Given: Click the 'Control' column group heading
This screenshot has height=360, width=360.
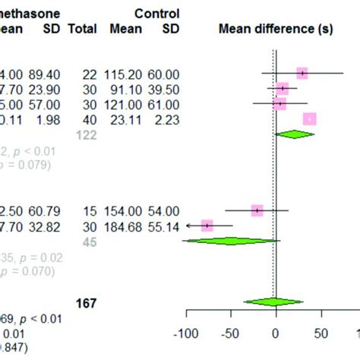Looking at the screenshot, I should pyautogui.click(x=156, y=14).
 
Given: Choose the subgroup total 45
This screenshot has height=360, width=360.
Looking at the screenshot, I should pyautogui.click(x=85, y=241).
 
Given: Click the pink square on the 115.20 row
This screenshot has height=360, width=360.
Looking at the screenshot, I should pyautogui.click(x=302, y=73).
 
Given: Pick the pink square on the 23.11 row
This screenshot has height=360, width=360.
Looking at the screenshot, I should pyautogui.click(x=309, y=118).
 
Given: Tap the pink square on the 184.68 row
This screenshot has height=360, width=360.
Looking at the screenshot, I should pyautogui.click(x=207, y=226).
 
